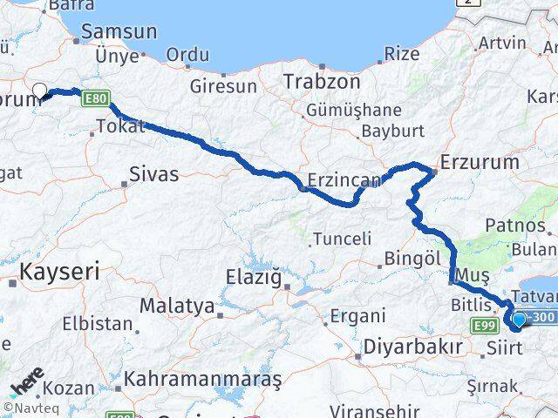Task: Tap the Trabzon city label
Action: pos(322,82)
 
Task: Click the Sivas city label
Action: pos(153,174)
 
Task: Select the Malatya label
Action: pos(177,307)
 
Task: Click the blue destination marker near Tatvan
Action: pos(520,320)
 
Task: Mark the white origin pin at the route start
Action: pos(39,90)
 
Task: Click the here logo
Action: pos(26,382)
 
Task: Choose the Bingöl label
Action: pos(414,259)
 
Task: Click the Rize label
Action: pos(402,54)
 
